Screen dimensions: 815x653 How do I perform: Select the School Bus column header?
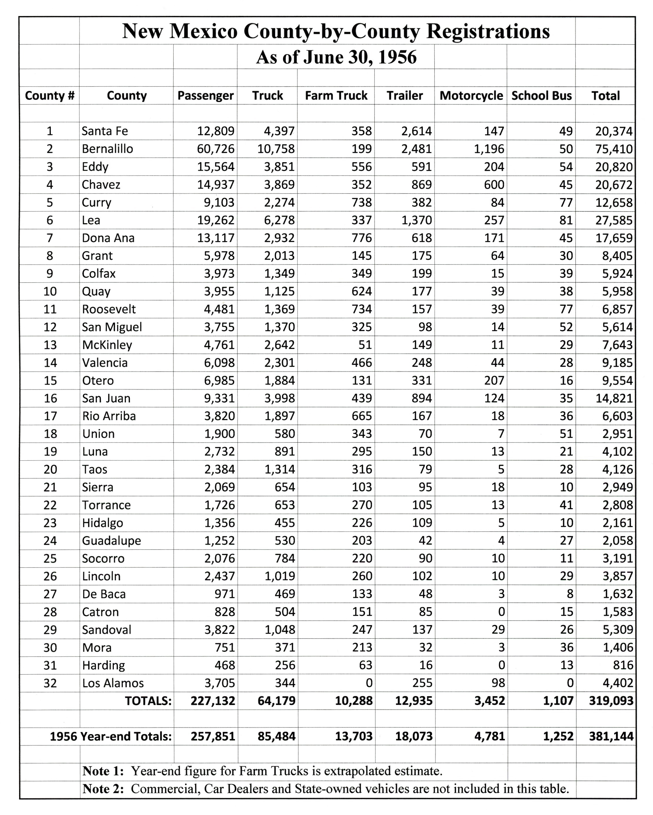point(541,95)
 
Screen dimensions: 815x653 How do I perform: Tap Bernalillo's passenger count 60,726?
point(216,149)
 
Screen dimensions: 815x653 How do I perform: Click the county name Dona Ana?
point(108,238)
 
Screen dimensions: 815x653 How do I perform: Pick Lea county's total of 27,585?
point(613,221)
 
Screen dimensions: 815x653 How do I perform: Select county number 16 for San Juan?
point(50,398)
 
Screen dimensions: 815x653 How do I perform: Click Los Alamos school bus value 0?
point(570,683)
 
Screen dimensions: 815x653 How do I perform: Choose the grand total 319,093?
point(611,701)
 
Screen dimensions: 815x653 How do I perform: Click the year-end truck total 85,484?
point(276,736)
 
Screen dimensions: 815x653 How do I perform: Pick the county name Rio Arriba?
point(109,416)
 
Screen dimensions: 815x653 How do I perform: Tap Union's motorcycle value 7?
point(501,434)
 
